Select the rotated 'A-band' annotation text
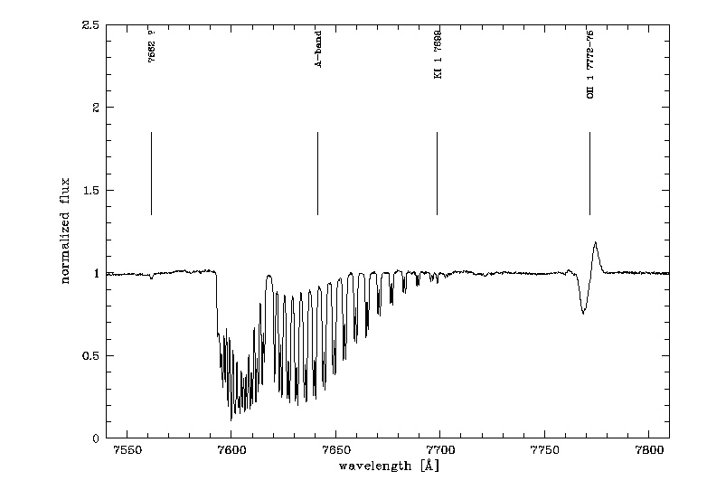pos(318,52)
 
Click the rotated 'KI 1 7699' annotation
pos(438,54)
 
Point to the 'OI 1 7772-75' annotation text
pos(590,63)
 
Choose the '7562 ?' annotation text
pos(152,46)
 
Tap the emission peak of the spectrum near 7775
pos(596,242)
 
